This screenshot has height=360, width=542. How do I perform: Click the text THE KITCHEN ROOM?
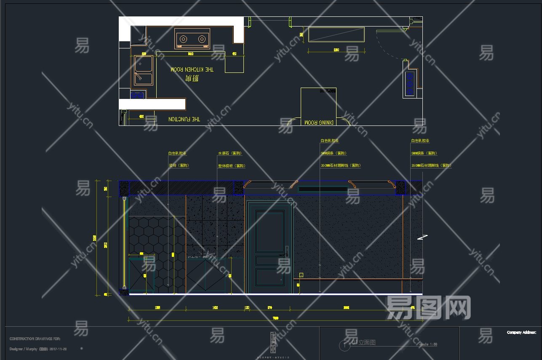192,69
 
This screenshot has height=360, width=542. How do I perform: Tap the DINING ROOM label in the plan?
319,122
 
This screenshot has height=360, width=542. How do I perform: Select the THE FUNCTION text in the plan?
184,119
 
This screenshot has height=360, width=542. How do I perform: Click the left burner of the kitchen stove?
183,39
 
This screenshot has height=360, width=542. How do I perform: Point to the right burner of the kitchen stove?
202,39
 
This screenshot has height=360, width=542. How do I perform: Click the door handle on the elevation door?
286,252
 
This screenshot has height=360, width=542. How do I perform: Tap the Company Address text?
521,333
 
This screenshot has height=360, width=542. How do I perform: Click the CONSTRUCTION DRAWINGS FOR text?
35,339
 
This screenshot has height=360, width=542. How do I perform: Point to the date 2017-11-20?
58,349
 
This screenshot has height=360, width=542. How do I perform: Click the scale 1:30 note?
428,344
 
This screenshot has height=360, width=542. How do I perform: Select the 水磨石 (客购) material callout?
230,153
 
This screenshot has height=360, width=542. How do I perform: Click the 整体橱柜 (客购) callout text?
231,166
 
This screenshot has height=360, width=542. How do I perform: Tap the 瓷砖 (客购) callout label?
179,166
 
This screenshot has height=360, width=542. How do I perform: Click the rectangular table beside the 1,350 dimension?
336,35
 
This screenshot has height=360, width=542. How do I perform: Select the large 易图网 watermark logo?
428,307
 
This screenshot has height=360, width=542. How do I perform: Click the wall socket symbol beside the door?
301,275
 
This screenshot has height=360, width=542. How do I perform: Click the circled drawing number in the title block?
344,345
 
